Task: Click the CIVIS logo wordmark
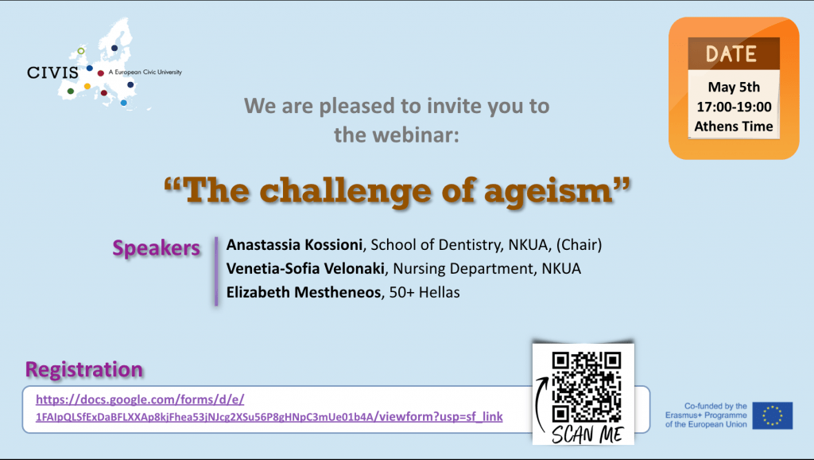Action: click(52, 72)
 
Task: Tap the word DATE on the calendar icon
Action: click(731, 54)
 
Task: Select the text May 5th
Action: click(734, 87)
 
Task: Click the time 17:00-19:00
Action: click(734, 107)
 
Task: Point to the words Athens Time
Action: click(734, 127)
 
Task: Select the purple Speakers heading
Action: click(157, 248)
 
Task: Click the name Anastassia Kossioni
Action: click(294, 244)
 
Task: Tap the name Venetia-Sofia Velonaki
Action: click(306, 268)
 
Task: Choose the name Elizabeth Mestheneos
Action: click(304, 292)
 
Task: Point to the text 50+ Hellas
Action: click(424, 292)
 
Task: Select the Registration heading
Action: click(84, 369)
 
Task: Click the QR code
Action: click(587, 387)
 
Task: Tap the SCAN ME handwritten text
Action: click(587, 434)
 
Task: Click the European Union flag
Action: click(773, 415)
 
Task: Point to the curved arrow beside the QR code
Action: click(538, 403)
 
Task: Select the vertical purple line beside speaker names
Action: click(216, 271)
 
